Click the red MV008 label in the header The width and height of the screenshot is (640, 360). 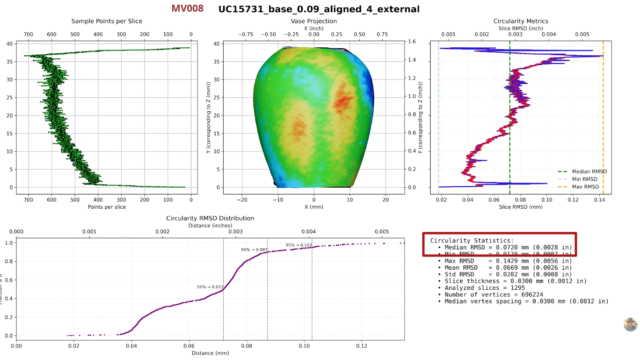pyautogui.click(x=187, y=8)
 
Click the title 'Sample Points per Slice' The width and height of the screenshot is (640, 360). pyautogui.click(x=107, y=21)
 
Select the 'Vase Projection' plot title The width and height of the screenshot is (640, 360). pyautogui.click(x=313, y=21)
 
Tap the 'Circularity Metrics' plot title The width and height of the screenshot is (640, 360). pyautogui.click(x=521, y=21)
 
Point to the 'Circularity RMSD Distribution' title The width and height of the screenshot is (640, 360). pyautogui.click(x=210, y=218)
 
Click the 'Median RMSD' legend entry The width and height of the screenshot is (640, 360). pyautogui.click(x=589, y=172)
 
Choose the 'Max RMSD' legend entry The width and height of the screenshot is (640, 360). pyautogui.click(x=585, y=187)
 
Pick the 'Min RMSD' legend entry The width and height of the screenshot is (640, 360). pyautogui.click(x=584, y=179)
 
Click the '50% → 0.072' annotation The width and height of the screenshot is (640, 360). pyautogui.click(x=210, y=287)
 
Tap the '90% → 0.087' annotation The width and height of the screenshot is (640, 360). pyautogui.click(x=254, y=250)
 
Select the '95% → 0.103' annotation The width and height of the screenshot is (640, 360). pyautogui.click(x=298, y=245)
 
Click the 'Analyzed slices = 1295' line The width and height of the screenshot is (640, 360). pyautogui.click(x=485, y=288)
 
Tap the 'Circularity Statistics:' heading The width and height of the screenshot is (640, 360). pyautogui.click(x=472, y=241)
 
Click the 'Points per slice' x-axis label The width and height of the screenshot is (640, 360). pyautogui.click(x=107, y=207)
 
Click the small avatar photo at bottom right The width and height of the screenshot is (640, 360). pyautogui.click(x=630, y=324)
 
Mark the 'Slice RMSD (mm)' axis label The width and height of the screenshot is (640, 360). pyautogui.click(x=521, y=207)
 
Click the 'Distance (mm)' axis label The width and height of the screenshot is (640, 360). pyautogui.click(x=210, y=353)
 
